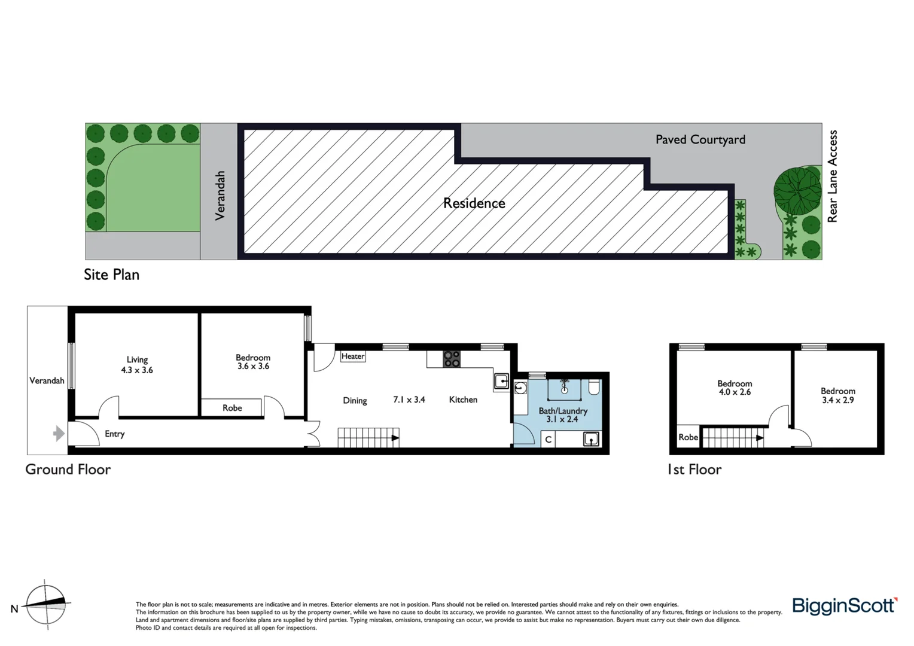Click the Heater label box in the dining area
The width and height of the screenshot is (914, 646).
pos(353,356)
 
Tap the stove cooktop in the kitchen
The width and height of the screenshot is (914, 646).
pos(452,359)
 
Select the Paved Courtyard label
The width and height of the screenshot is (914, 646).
pos(700,139)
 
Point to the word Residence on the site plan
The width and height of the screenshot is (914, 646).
pos(474,203)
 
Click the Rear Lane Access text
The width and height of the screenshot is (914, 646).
pos(832,176)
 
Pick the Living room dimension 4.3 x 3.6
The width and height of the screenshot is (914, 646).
pos(137,370)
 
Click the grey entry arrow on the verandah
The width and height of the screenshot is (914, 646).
pos(59,433)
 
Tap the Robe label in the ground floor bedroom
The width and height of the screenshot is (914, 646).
pos(232,408)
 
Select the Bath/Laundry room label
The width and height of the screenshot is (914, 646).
pos(563,411)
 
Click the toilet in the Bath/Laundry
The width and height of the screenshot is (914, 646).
pos(594,388)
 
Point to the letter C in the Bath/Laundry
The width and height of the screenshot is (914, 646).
pos(548,440)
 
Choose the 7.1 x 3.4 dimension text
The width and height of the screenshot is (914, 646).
pos(409,400)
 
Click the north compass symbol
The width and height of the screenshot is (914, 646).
pos(47,604)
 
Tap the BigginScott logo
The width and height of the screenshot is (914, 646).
pos(844,606)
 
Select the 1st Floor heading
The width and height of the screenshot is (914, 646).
pos(694,470)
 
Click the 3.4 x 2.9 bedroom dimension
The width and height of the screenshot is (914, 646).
pos(837,400)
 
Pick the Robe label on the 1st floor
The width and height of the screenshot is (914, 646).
pos(688,437)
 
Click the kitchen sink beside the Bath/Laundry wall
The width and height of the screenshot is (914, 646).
pos(501,380)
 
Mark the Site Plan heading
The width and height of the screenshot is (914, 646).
pos(111,275)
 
